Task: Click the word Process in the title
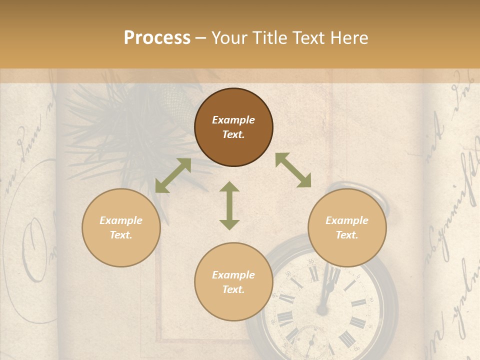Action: pyautogui.click(x=157, y=38)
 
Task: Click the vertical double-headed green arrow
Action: pyautogui.click(x=229, y=205)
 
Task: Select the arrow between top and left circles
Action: pyautogui.click(x=173, y=175)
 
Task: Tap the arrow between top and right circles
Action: pyautogui.click(x=293, y=170)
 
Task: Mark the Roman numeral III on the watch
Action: pyautogui.click(x=358, y=303)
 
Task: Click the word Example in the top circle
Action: pyautogui.click(x=233, y=120)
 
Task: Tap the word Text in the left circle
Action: pyautogui.click(x=121, y=235)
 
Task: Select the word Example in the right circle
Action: pyautogui.click(x=347, y=220)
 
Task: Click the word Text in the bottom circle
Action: pyautogui.click(x=233, y=289)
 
